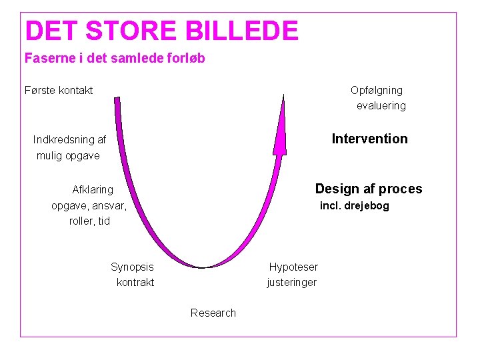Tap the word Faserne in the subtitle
[x=47, y=58]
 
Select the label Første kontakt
[x=59, y=90]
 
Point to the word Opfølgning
[x=377, y=90]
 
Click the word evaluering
[x=381, y=105]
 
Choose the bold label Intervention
[x=369, y=139]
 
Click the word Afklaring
[x=93, y=189]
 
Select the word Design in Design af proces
[x=336, y=189]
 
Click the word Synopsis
[x=132, y=267]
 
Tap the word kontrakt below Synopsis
[x=135, y=282]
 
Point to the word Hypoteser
[x=293, y=267]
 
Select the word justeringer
[x=292, y=282]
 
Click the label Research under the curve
[x=213, y=313]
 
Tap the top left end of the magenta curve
[x=117, y=100]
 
